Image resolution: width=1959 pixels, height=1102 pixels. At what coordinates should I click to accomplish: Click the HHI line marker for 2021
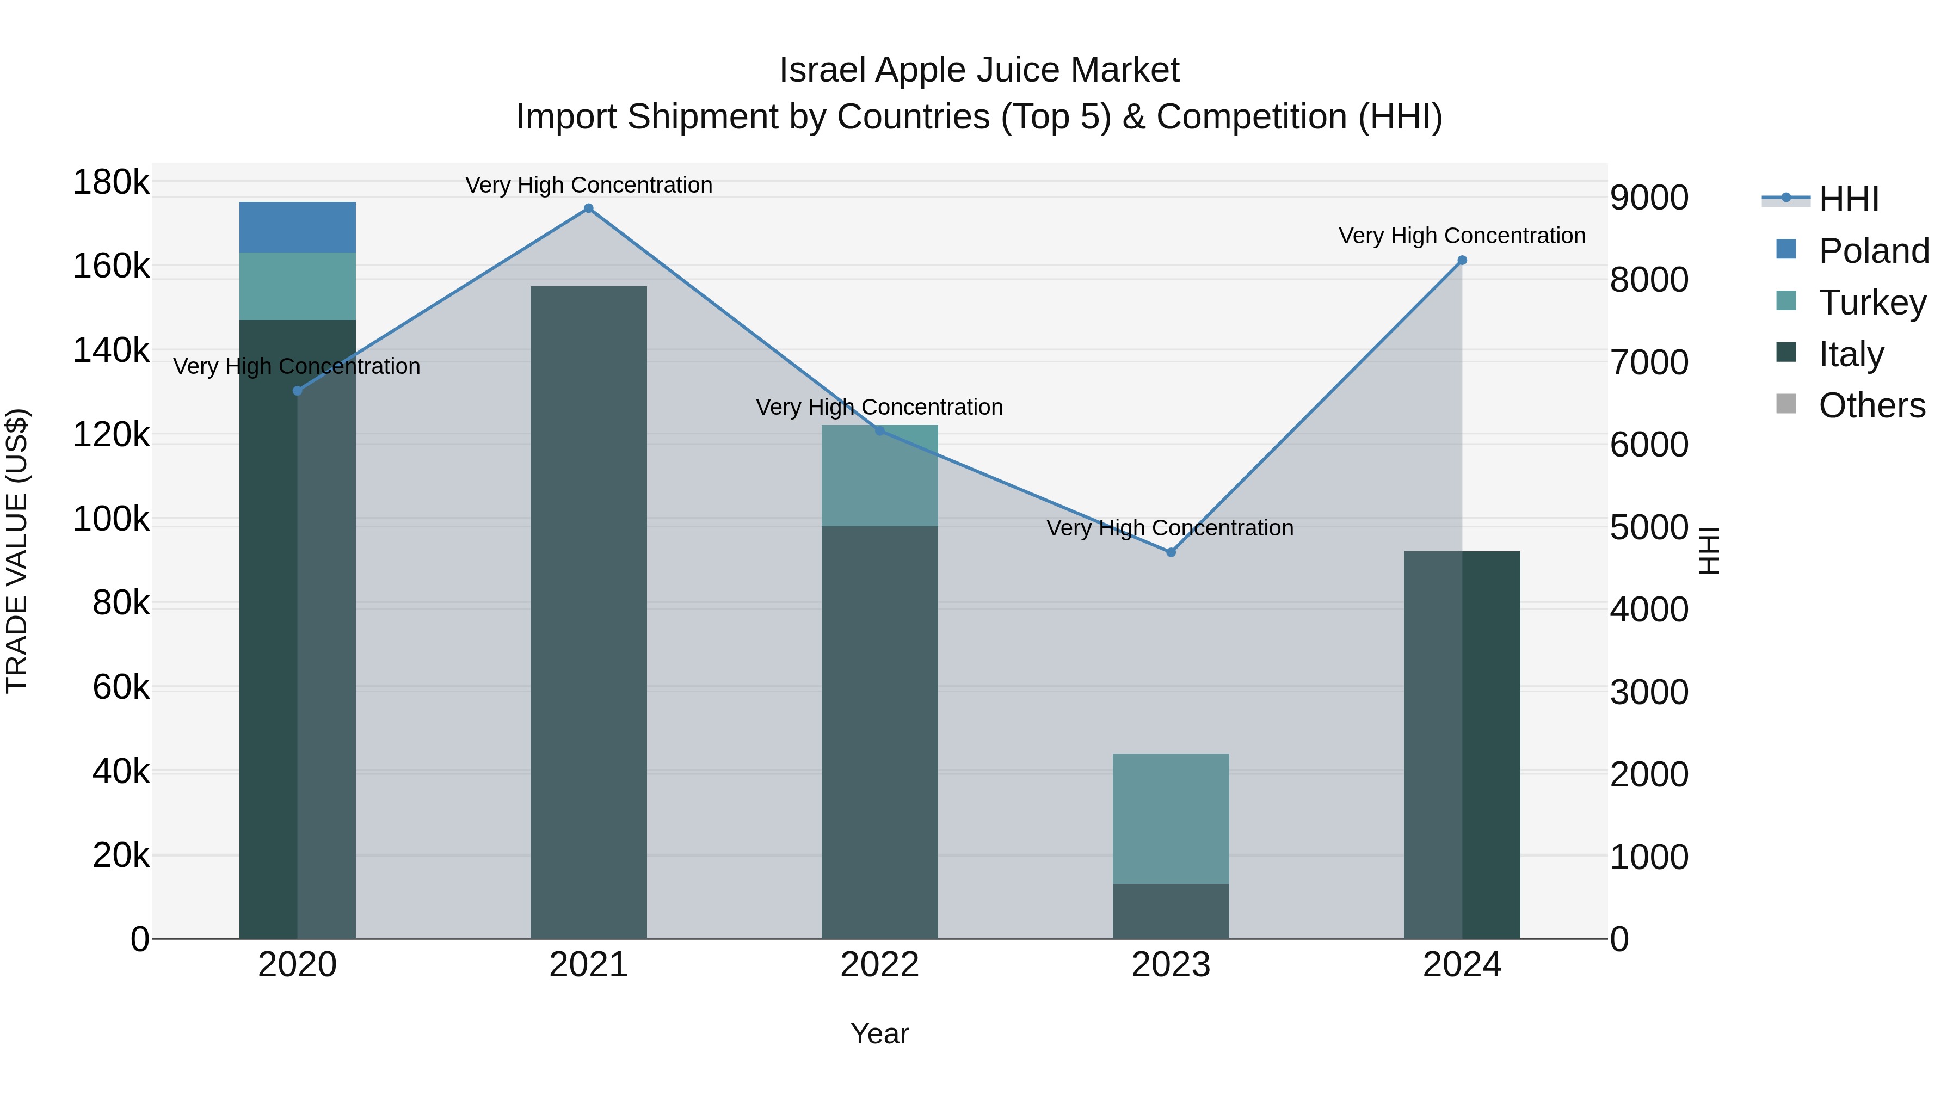589,208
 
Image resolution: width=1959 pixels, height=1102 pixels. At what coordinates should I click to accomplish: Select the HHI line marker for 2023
1171,552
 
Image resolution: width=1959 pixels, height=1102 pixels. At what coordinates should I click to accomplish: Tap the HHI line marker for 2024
1462,260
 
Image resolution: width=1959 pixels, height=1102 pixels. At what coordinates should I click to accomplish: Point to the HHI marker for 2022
880,430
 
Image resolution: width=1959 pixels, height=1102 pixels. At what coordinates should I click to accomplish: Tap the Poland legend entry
1874,251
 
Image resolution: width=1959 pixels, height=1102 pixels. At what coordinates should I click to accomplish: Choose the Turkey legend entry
1872,303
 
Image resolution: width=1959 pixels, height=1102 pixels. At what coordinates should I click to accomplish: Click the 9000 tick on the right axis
1649,198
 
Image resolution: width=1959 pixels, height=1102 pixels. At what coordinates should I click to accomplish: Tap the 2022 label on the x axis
880,965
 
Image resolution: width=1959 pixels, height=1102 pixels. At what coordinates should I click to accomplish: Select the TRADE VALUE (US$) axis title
17,551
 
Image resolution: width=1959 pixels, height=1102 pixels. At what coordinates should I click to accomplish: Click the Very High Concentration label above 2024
1462,236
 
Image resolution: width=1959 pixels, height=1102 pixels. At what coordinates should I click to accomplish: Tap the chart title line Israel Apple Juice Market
979,70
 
